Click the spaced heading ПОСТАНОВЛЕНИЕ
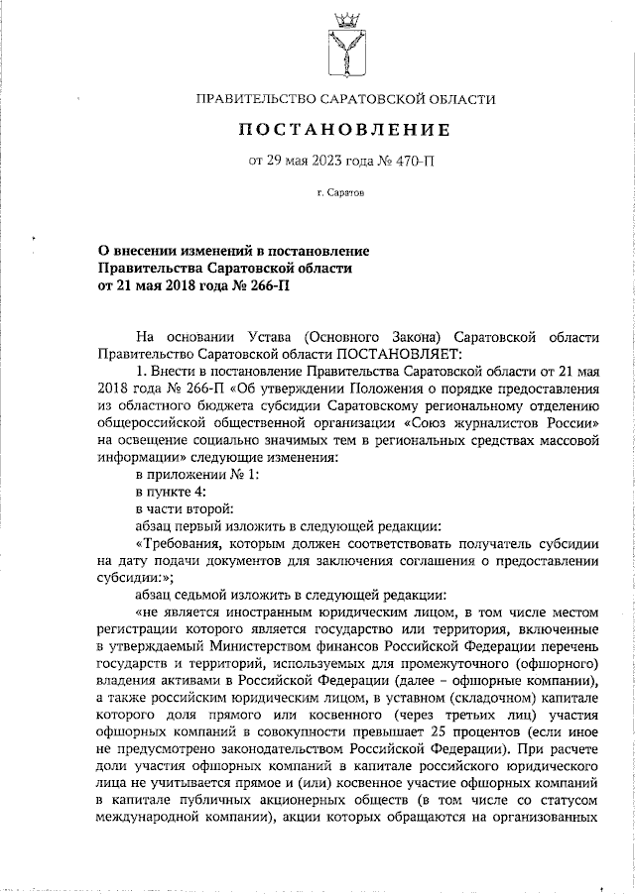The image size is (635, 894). [x=344, y=130]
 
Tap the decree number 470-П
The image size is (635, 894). [x=418, y=162]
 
